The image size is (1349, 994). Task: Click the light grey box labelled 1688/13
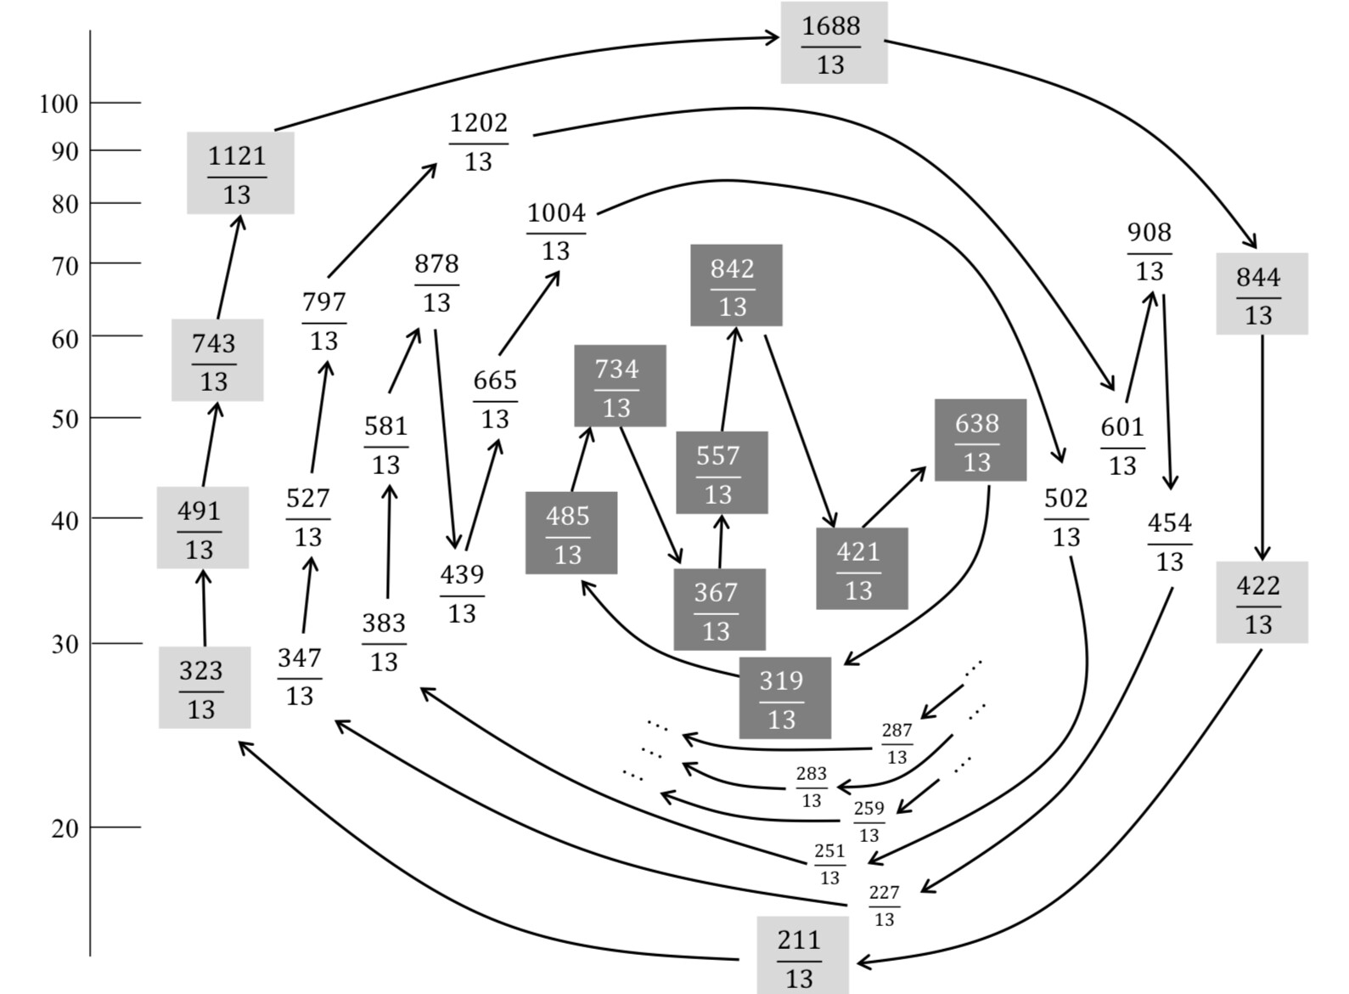tap(834, 43)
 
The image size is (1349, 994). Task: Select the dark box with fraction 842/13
tap(736, 285)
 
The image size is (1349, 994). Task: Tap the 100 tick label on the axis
tap(59, 104)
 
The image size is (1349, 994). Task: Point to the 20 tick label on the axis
tap(65, 828)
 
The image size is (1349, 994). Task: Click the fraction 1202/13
tap(479, 141)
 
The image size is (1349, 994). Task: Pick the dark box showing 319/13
tap(784, 698)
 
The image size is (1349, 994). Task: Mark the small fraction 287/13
tap(897, 743)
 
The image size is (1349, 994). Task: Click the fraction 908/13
tap(1149, 251)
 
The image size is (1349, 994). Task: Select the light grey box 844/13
tap(1262, 294)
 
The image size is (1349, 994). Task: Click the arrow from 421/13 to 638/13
tap(894, 497)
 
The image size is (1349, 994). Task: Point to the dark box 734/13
tap(620, 387)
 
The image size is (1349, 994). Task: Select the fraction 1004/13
tap(556, 231)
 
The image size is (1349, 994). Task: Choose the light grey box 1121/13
tap(240, 173)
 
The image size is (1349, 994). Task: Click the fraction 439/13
tap(462, 593)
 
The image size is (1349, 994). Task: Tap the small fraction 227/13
tap(884, 906)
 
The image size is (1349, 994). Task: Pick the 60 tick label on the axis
tap(65, 339)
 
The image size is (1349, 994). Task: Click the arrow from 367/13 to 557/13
tap(721, 541)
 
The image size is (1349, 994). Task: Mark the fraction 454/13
tap(1170, 541)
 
